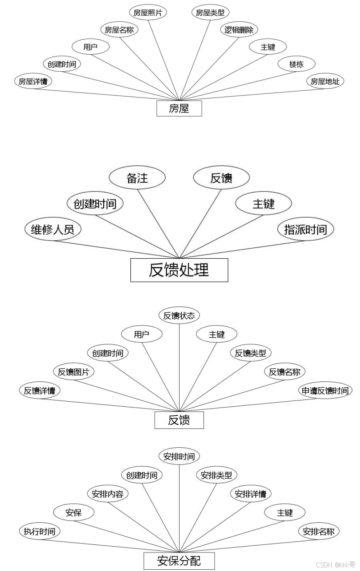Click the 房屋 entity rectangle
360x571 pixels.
point(179,108)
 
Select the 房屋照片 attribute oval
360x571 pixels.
point(148,13)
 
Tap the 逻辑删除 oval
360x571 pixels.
point(239,30)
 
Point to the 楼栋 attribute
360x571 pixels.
point(296,64)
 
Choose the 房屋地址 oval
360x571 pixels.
point(325,81)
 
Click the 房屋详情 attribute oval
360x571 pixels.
point(33,81)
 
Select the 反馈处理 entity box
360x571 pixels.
point(179,270)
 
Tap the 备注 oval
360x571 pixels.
point(137,178)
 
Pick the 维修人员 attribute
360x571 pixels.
point(53,229)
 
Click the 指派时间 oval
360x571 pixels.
point(305,229)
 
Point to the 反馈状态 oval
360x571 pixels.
point(179,316)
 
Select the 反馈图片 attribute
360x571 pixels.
point(74,372)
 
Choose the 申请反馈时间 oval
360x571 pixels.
point(325,390)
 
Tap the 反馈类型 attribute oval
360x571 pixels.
point(250,353)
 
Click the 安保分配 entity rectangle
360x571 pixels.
point(179,561)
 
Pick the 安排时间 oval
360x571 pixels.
point(179,456)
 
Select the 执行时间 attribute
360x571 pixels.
point(40,531)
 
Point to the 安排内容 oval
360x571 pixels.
point(107,494)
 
